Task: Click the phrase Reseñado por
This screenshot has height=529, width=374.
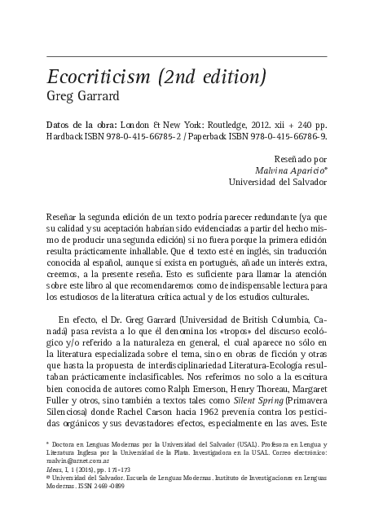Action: point(302,160)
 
